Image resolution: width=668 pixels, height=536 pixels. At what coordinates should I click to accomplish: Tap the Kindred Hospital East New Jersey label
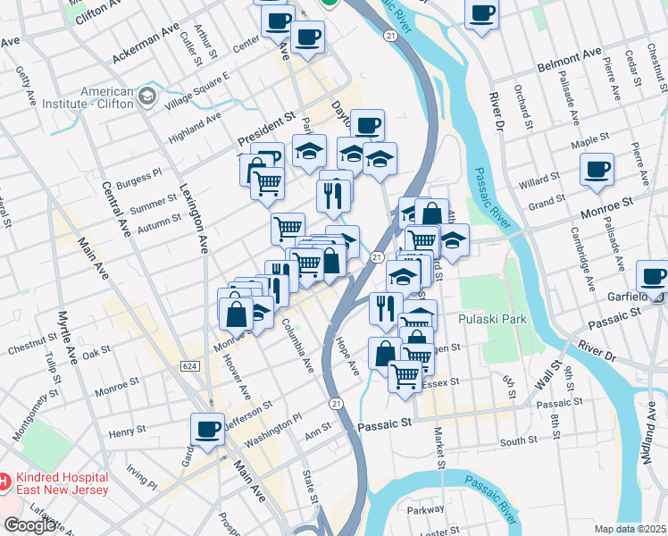pyautogui.click(x=61, y=483)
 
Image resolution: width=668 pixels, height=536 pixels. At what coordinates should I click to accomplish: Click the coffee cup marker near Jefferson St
pyautogui.click(x=207, y=428)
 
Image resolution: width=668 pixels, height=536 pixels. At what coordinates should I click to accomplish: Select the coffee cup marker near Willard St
pyautogui.click(x=597, y=169)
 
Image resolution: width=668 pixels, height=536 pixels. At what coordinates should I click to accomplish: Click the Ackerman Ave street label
pyautogui.click(x=146, y=44)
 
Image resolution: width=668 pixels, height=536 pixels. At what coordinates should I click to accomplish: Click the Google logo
pyautogui.click(x=30, y=525)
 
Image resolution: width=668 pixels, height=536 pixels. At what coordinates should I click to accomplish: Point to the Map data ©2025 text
pyautogui.click(x=630, y=529)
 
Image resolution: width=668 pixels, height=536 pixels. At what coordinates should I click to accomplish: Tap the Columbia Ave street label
pyautogui.click(x=298, y=346)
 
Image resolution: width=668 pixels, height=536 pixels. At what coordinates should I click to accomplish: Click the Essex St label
pyautogui.click(x=441, y=382)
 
